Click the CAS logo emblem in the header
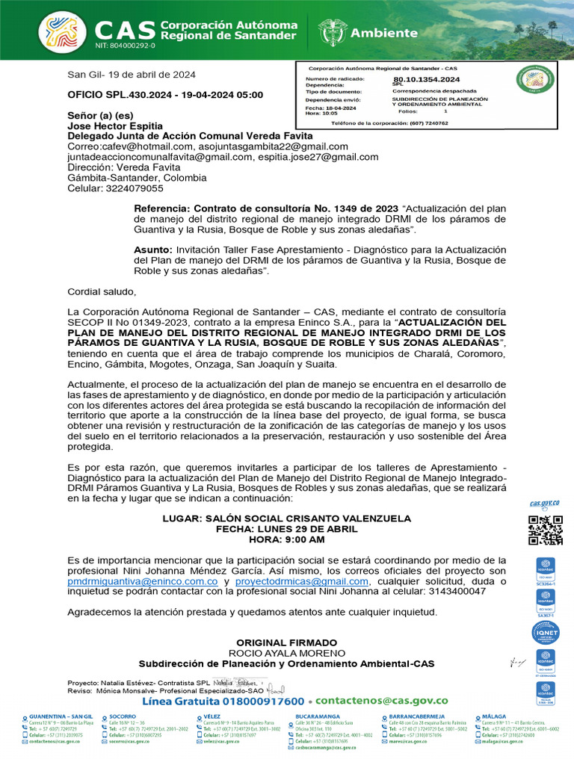click(61, 32)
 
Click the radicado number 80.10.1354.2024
click(426, 79)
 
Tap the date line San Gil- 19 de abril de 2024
click(132, 74)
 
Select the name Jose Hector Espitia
click(115, 126)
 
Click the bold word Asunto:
click(153, 250)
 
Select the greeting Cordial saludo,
click(102, 291)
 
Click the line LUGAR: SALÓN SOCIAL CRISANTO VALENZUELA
click(287, 518)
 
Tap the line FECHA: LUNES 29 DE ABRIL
click(287, 528)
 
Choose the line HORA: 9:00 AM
click(287, 539)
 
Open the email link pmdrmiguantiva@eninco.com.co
click(143, 580)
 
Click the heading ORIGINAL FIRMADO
click(287, 642)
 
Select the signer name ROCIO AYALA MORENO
click(287, 653)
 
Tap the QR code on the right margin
click(545, 530)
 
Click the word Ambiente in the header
click(384, 33)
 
